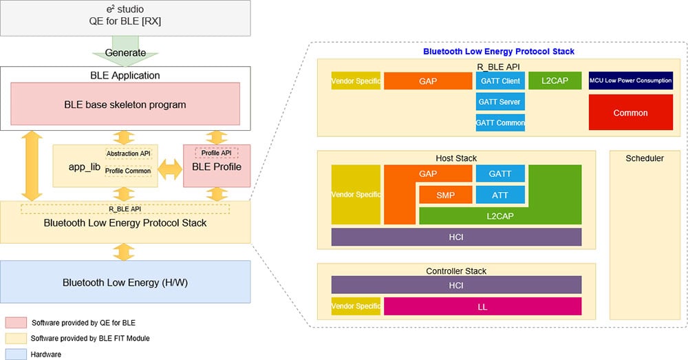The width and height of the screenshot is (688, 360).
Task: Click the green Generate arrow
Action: tap(125, 53)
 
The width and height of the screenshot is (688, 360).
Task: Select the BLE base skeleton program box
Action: tap(125, 105)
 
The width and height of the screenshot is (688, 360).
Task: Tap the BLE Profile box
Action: tap(217, 166)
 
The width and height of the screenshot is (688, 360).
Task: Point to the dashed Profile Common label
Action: tap(128, 171)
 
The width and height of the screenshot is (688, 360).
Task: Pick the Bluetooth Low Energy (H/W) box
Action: tap(125, 282)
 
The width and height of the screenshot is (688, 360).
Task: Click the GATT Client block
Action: tap(500, 81)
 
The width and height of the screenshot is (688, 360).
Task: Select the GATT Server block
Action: tap(500, 102)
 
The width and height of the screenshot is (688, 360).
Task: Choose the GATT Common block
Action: tap(500, 123)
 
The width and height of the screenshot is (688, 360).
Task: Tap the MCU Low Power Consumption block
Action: tap(630, 81)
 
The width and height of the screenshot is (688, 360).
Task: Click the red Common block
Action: tap(630, 113)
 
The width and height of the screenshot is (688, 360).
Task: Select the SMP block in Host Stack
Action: tap(446, 195)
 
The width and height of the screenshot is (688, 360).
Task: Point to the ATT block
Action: tap(500, 195)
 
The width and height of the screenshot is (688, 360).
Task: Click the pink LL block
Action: tap(482, 306)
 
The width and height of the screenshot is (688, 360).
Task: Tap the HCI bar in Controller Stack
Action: tap(456, 285)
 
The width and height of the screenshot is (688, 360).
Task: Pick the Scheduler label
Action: tap(645, 158)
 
